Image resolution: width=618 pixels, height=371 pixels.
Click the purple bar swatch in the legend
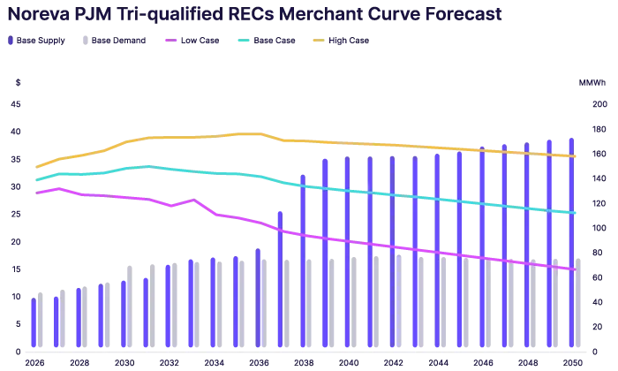11,42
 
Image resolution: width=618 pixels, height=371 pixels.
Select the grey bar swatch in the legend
84,42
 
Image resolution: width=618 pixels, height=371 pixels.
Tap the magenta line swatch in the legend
170,41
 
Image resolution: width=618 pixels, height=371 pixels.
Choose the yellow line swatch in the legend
318,41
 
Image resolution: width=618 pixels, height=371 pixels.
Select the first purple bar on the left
33,322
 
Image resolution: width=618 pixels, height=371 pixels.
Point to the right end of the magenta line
575,270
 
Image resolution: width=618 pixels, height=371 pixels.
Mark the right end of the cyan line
577,213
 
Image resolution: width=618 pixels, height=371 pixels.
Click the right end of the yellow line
577,156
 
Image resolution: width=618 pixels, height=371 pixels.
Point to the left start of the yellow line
36,166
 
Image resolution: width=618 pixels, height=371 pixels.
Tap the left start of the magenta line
36,191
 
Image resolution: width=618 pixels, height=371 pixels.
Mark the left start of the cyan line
36,180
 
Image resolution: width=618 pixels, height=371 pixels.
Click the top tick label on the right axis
591,84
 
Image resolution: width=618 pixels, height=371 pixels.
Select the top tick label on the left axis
16,84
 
